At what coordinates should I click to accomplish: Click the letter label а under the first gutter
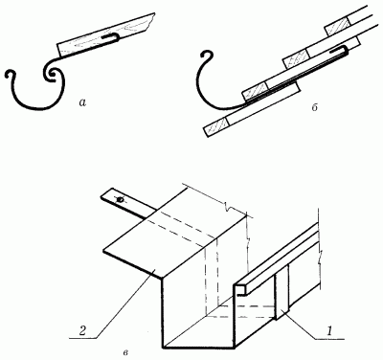point(82,102)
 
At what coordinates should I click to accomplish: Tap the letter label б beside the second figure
point(314,107)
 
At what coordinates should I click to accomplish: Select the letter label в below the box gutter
point(125,352)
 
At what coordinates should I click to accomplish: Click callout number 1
point(330,330)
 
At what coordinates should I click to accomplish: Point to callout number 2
point(81,330)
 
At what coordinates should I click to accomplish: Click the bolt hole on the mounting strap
point(121,200)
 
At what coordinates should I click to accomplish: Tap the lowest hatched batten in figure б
point(216,126)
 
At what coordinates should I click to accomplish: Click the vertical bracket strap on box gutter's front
point(282,296)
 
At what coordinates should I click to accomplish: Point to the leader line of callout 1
point(316,326)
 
